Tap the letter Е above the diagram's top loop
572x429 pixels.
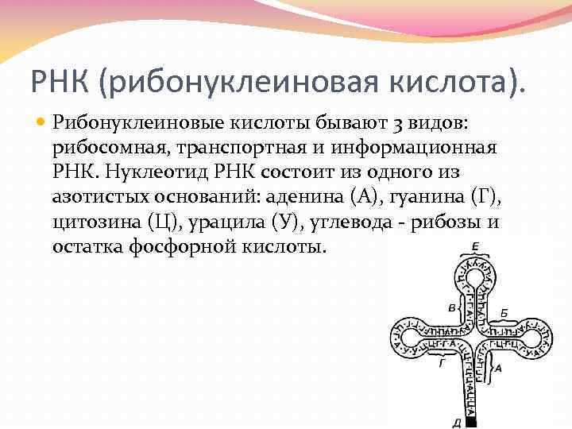[x=474, y=245]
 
